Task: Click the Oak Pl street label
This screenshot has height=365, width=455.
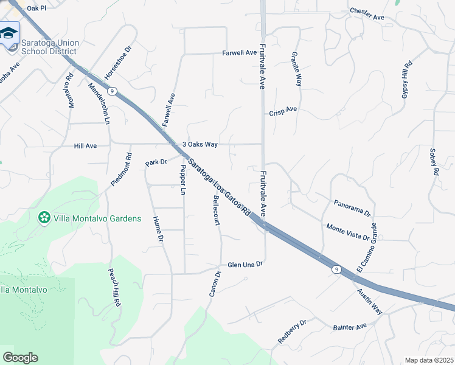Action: tap(37, 7)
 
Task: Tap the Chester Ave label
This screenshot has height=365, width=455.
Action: tap(367, 14)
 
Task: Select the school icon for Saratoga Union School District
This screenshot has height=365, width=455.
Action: tap(9, 33)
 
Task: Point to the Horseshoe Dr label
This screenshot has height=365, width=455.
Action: tap(118, 63)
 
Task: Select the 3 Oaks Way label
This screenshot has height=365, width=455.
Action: tap(200, 144)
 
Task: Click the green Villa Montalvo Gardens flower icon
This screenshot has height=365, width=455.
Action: tap(44, 218)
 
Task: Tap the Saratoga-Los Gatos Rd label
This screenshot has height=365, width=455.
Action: tap(219, 187)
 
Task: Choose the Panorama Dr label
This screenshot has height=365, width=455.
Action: tap(352, 207)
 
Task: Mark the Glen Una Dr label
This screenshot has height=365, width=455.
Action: tap(245, 265)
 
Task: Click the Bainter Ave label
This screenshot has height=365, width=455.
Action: tap(350, 327)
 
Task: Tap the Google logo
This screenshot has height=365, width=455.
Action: tap(20, 357)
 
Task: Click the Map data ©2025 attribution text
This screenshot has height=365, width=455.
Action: tap(429, 360)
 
